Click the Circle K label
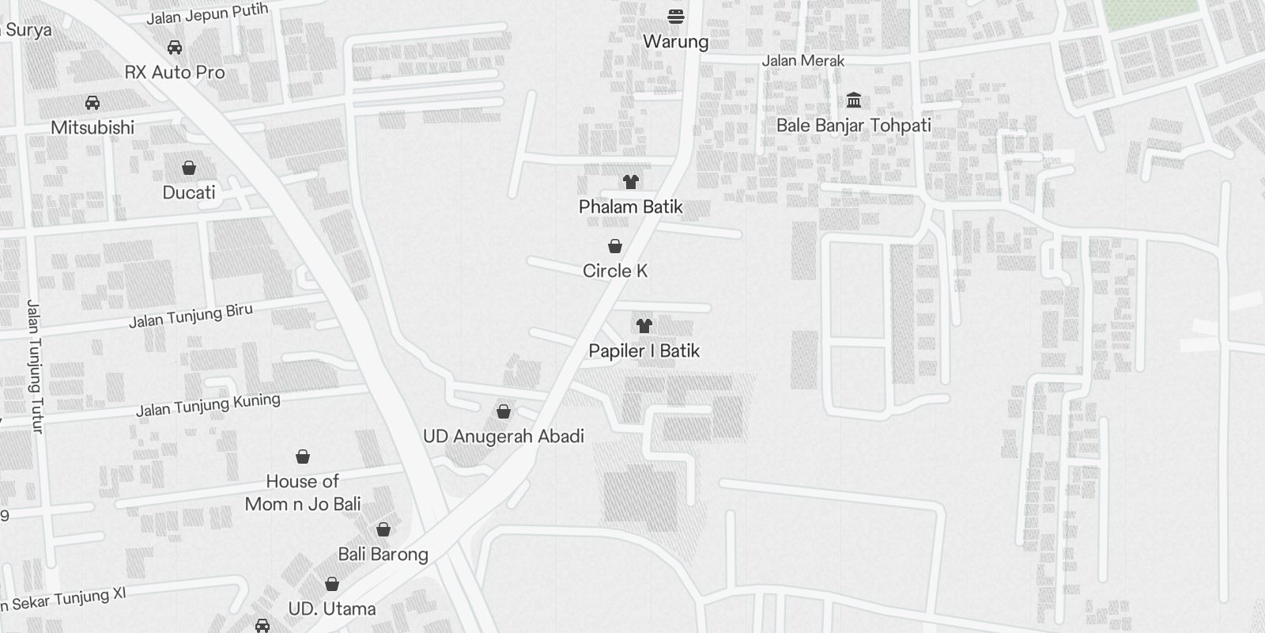coord(615,271)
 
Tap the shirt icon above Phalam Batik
coord(630,182)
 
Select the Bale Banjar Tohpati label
coord(853,125)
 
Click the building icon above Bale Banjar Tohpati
coord(854,100)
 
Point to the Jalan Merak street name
coord(802,60)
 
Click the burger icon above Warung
coord(675,16)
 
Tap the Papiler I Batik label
coord(644,351)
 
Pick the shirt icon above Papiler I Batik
coord(644,325)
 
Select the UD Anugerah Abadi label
coord(504,436)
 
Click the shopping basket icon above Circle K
coord(615,246)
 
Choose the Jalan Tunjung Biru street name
coord(191,316)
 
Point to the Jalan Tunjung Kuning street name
coord(208,405)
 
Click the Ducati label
coord(189,192)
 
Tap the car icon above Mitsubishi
coord(93,103)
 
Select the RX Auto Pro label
coord(175,72)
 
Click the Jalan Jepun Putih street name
coord(207,14)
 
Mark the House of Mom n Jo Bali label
coord(303,492)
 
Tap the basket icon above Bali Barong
coord(383,529)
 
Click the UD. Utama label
coord(332,608)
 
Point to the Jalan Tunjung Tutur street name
coord(35,366)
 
